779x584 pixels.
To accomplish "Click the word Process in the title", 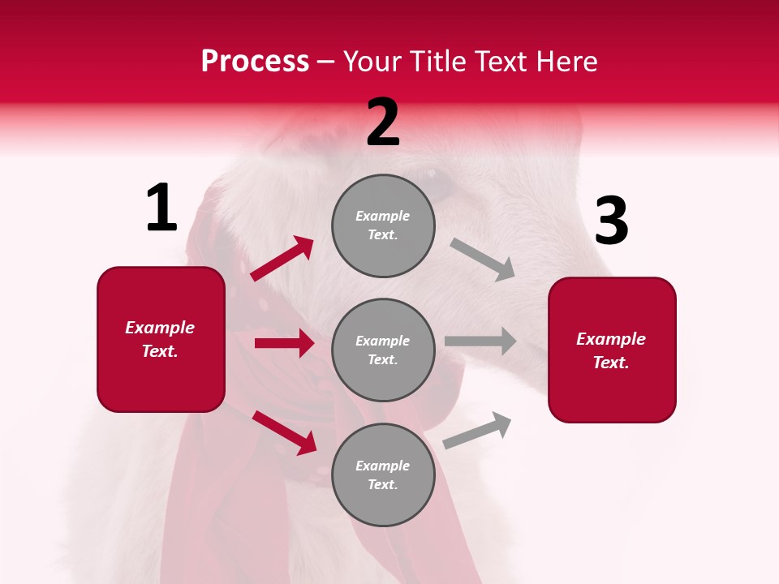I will (x=255, y=61).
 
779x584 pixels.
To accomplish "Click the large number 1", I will (x=161, y=208).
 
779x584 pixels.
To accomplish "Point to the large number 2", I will (x=383, y=122).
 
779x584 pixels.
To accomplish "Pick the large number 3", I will (x=611, y=221).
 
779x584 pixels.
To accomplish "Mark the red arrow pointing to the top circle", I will (x=282, y=259).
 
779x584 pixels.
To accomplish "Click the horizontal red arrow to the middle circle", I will (x=284, y=343).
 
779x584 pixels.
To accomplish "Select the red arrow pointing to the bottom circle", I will (x=284, y=432).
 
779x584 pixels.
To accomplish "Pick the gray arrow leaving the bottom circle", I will (x=477, y=431).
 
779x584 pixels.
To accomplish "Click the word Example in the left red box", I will (x=160, y=327).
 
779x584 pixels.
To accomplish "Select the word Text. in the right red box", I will (x=611, y=363).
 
